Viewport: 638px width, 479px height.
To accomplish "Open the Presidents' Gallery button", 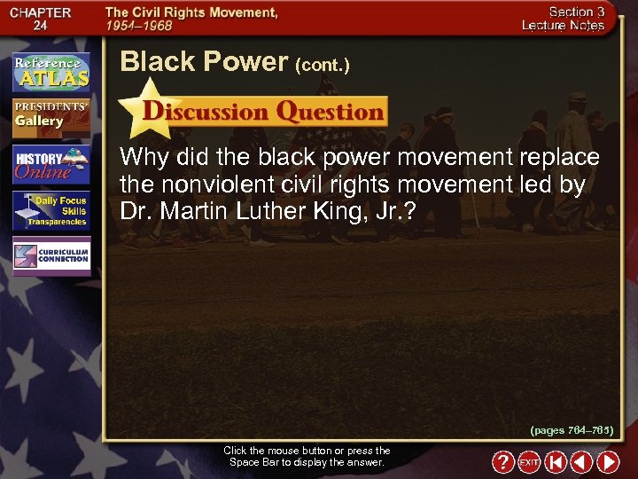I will pos(51,116).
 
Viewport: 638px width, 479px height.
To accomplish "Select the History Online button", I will pos(51,165).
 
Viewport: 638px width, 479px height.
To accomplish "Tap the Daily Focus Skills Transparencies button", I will pos(51,211).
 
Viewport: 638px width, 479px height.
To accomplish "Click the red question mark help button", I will pos(502,462).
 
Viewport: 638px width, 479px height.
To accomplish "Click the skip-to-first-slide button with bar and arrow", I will pos(555,462).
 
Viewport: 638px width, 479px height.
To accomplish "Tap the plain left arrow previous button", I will pos(581,462).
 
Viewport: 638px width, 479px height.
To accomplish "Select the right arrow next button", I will pos(608,462).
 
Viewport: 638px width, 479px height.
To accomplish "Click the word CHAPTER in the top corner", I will pos(42,13).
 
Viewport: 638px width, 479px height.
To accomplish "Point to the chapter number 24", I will pos(42,27).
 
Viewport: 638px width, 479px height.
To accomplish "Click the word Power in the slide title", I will pos(246,62).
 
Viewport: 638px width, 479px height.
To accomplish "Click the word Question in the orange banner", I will pos(330,112).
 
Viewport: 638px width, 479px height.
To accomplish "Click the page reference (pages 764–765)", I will pos(572,429).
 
